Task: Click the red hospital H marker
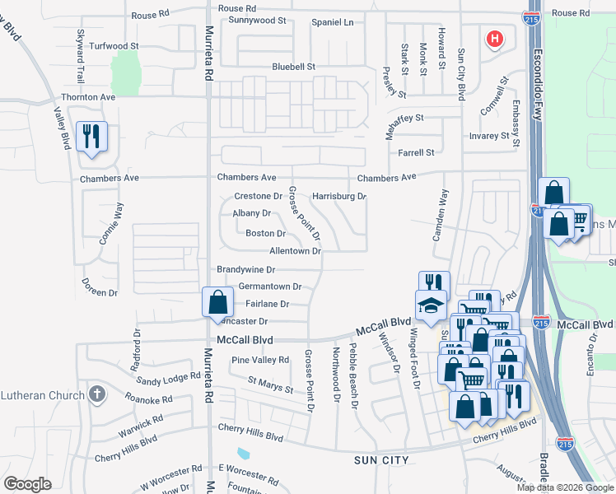tap(494, 39)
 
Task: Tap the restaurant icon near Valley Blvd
tap(91, 135)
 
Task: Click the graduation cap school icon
tap(431, 306)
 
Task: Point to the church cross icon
tap(97, 394)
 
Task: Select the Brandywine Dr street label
tap(245, 269)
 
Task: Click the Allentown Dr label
tap(294, 251)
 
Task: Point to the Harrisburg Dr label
tap(338, 197)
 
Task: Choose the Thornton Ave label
tap(88, 97)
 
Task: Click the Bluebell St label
tap(294, 67)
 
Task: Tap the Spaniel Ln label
tap(332, 22)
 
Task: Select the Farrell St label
tap(416, 152)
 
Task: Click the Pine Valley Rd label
tap(260, 360)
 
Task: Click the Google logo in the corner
tap(27, 484)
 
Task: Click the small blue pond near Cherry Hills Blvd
tap(243, 454)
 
